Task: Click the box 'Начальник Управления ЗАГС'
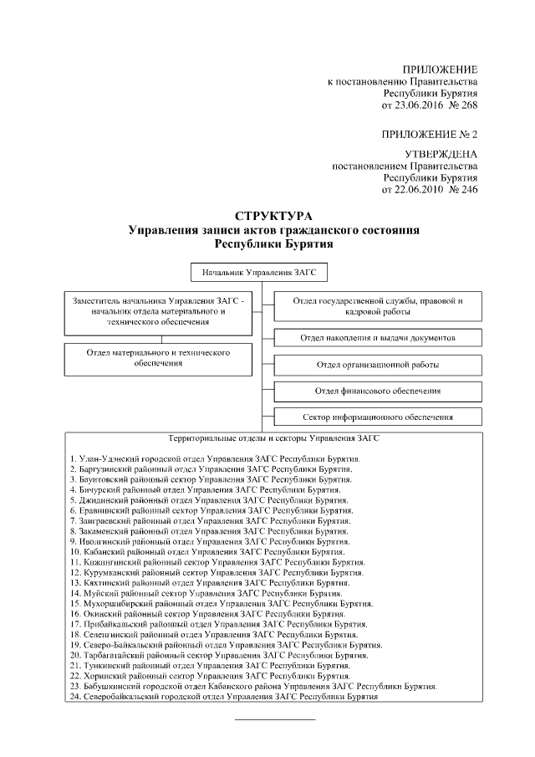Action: click(x=259, y=273)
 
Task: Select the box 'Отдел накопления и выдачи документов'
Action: click(x=378, y=337)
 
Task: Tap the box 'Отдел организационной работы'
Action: click(x=378, y=365)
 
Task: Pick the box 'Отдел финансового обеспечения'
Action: click(x=378, y=391)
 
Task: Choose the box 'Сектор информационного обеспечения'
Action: click(x=378, y=417)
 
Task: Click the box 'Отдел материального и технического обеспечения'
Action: click(x=158, y=359)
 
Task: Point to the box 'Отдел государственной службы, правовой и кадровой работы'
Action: click(x=378, y=305)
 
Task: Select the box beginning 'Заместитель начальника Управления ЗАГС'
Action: click(x=158, y=311)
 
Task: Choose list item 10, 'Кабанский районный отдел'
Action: click(x=208, y=553)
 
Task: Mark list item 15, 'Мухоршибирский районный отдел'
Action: click(x=222, y=604)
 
